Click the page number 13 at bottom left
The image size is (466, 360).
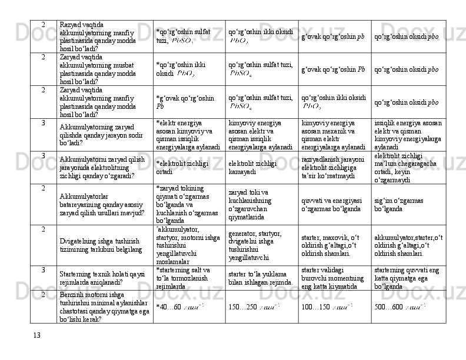point(37,335)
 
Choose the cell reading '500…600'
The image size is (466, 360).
point(400,306)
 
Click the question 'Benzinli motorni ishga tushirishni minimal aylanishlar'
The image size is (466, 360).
point(104,306)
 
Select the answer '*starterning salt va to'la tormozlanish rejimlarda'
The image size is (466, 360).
point(184,278)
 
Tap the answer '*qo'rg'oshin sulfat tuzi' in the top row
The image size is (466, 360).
point(184,36)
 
